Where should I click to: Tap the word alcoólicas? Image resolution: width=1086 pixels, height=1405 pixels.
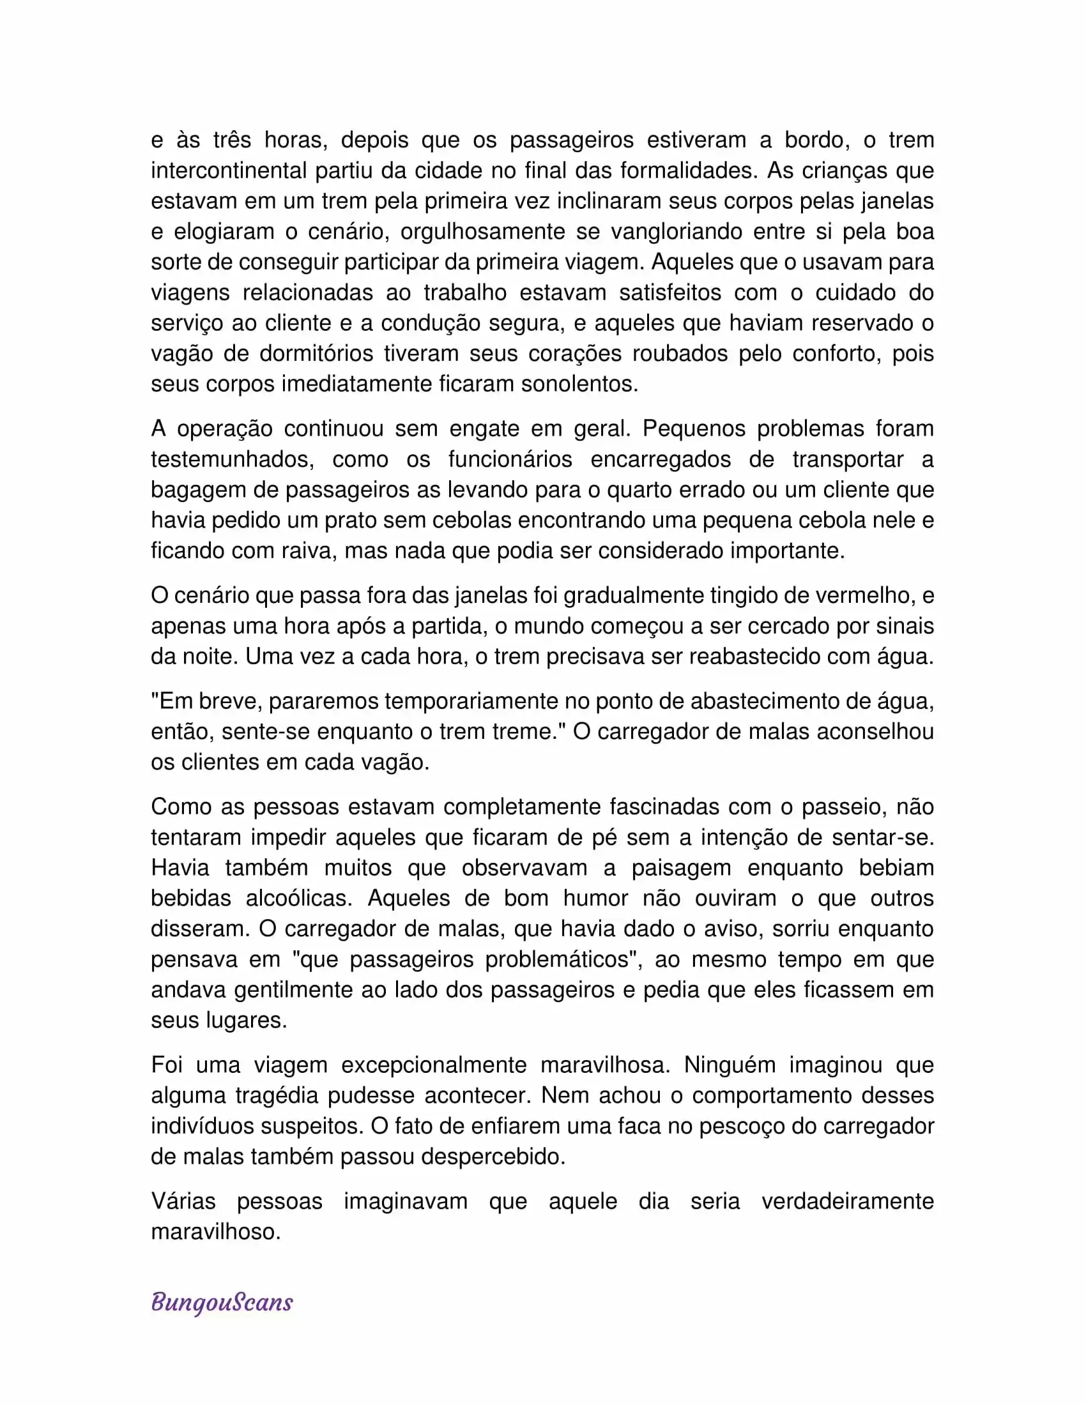point(299,898)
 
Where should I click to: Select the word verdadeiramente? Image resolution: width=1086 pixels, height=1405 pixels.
point(847,1201)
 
